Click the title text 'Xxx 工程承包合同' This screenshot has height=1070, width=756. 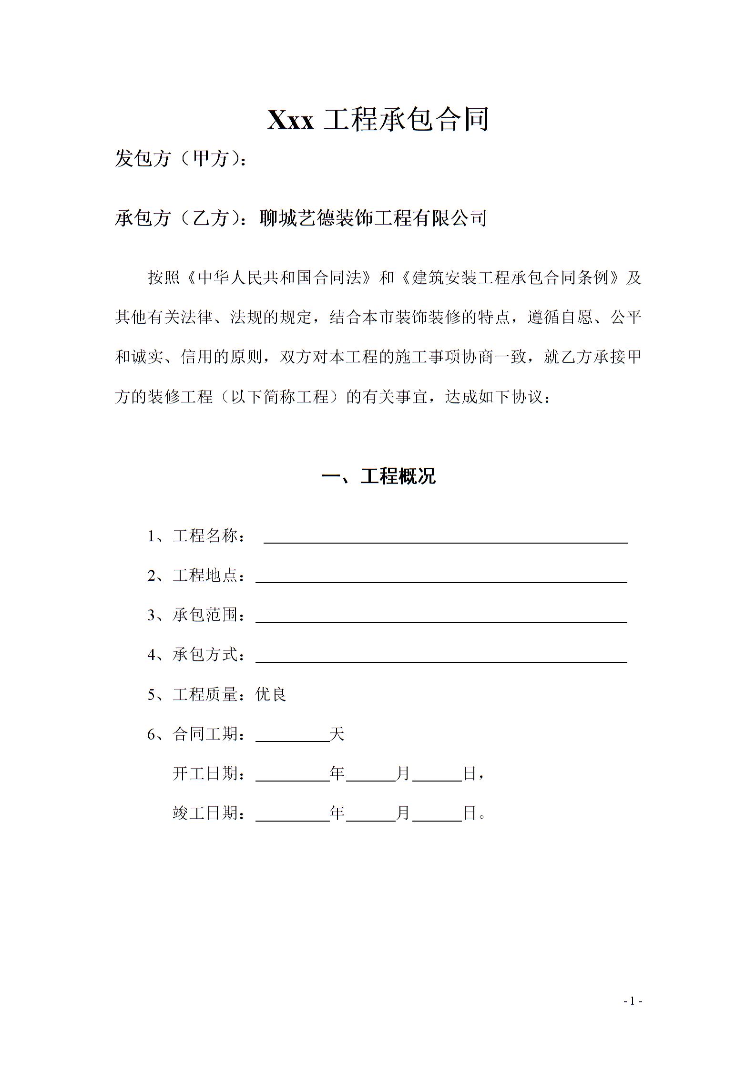click(378, 120)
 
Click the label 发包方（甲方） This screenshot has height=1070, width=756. click(177, 158)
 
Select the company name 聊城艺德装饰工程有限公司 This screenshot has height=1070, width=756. click(373, 218)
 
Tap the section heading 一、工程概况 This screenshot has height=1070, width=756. click(378, 476)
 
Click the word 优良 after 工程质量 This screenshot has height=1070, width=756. click(271, 694)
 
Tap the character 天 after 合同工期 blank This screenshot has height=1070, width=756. click(337, 734)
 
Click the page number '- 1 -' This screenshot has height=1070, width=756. click(633, 1002)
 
